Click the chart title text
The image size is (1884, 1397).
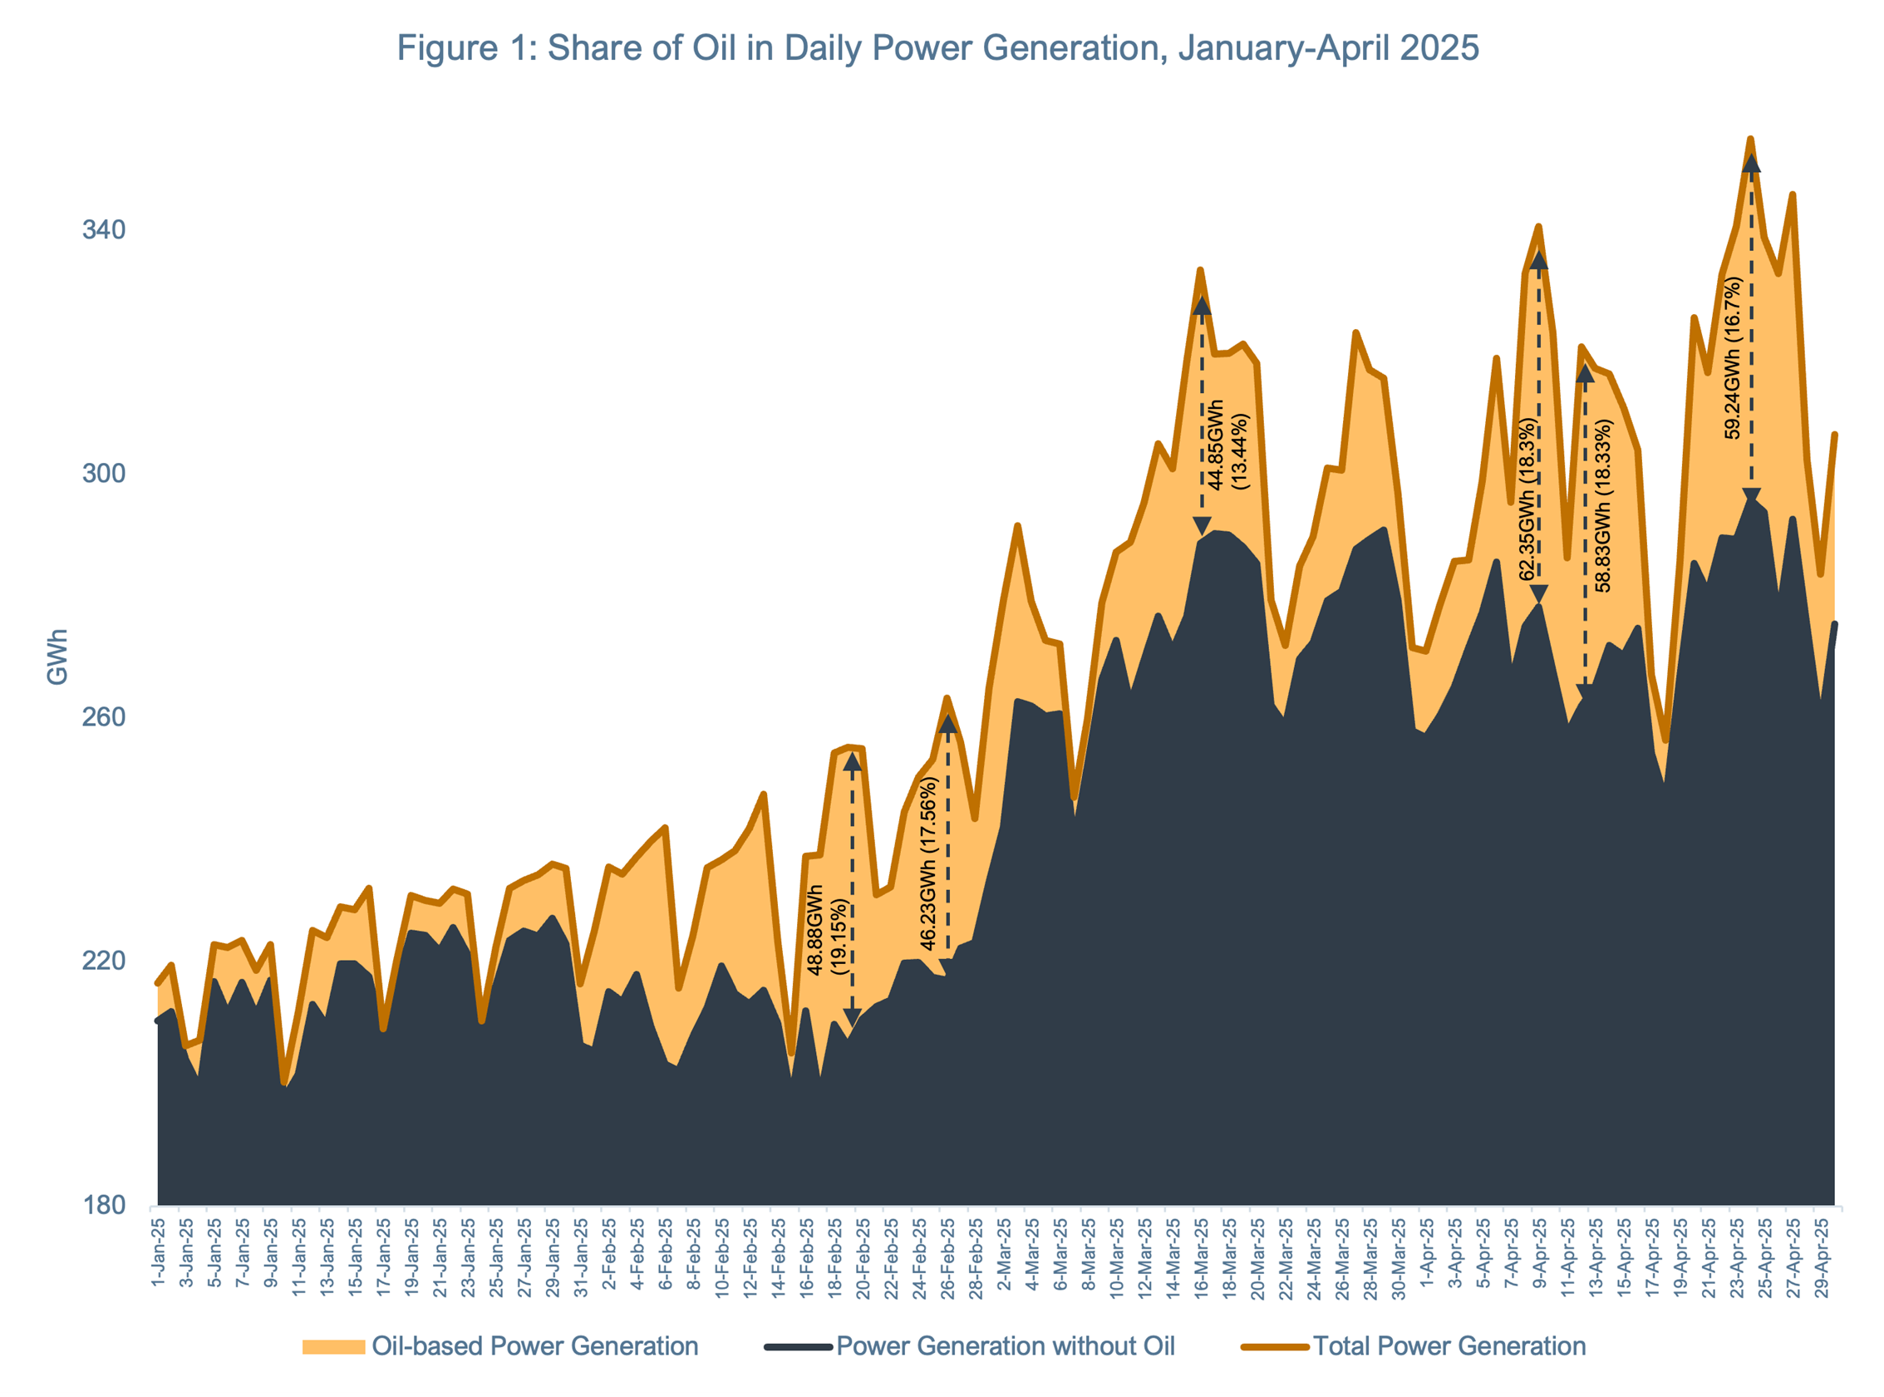click(x=937, y=48)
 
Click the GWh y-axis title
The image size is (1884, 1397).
click(x=57, y=657)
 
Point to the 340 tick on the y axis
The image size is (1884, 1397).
click(x=103, y=230)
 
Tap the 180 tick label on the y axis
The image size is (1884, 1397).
click(x=103, y=1204)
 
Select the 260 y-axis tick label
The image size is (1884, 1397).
click(x=103, y=717)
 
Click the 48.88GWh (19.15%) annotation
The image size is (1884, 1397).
click(x=827, y=930)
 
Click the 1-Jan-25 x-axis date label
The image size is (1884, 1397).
click(x=158, y=1253)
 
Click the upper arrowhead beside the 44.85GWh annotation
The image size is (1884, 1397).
click(x=1202, y=306)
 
